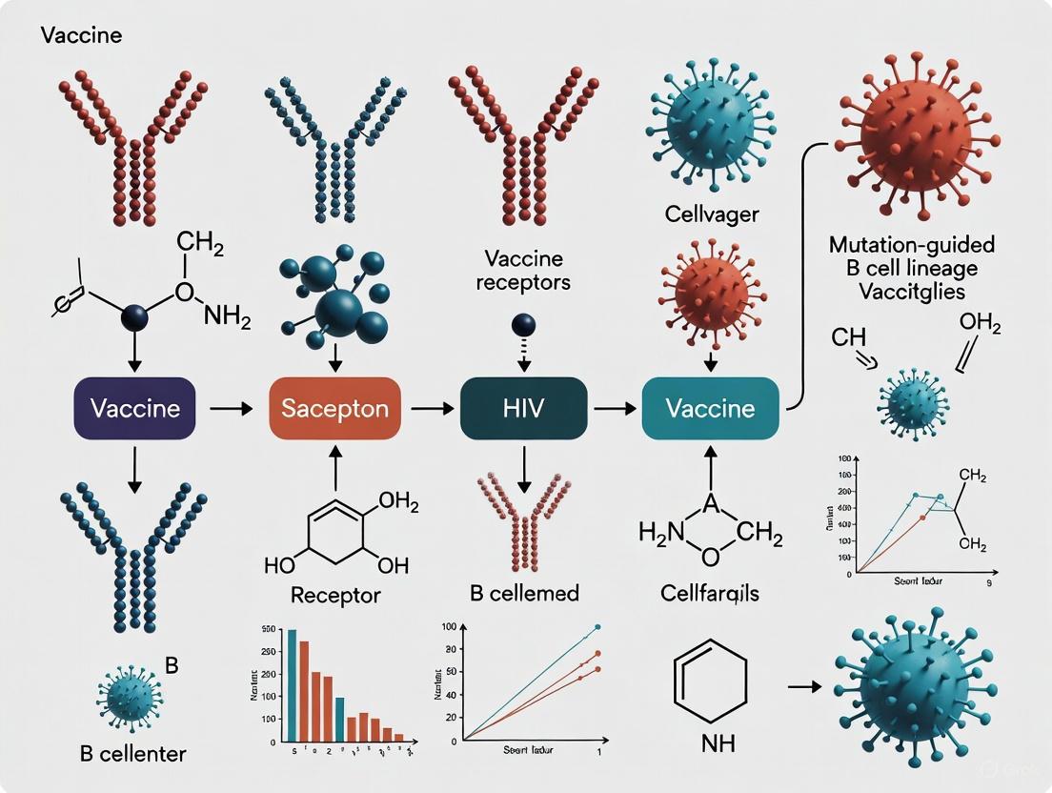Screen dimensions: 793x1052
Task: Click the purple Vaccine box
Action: pos(134,408)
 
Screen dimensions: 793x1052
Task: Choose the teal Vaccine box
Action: pos(710,408)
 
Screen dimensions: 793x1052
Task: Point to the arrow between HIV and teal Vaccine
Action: pos(615,408)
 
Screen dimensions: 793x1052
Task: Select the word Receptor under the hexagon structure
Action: pos(334,596)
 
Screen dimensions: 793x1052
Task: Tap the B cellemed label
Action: pos(524,593)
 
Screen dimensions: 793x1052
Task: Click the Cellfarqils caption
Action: pos(710,593)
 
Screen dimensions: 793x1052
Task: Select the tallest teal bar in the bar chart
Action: pos(292,685)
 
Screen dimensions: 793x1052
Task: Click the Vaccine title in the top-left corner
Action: pos(81,37)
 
